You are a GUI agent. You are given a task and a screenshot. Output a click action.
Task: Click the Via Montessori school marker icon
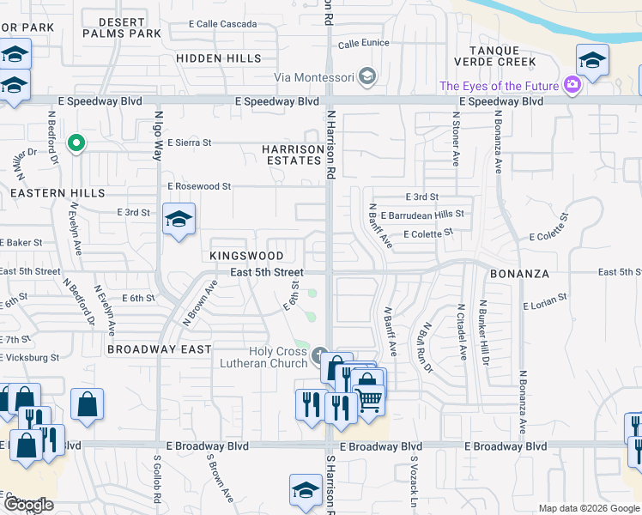point(367,77)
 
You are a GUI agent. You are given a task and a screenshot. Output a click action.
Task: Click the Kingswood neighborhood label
point(246,256)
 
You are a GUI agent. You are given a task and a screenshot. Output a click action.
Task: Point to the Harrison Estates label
point(292,154)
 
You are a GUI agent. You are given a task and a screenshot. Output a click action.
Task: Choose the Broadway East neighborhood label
point(160,349)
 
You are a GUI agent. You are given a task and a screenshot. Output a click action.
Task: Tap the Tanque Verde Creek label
point(502,56)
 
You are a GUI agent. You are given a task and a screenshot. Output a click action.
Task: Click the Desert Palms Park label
point(123,27)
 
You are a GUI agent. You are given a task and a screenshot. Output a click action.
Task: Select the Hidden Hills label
point(218,58)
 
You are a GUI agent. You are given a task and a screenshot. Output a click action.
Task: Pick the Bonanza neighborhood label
point(519,273)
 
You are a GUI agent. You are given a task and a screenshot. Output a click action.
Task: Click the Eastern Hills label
point(51,193)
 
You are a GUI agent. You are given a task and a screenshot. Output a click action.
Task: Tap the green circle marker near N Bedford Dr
point(76,142)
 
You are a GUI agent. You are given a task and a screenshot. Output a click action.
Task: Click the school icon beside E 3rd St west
point(179,220)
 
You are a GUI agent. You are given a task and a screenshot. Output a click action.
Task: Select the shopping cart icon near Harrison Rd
point(369,399)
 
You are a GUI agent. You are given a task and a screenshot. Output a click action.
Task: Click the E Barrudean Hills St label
point(423,215)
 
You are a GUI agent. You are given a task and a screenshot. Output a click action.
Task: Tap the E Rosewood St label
point(199,185)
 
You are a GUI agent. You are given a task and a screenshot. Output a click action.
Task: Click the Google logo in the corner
point(28,505)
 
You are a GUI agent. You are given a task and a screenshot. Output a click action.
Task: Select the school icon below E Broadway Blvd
point(306,490)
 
